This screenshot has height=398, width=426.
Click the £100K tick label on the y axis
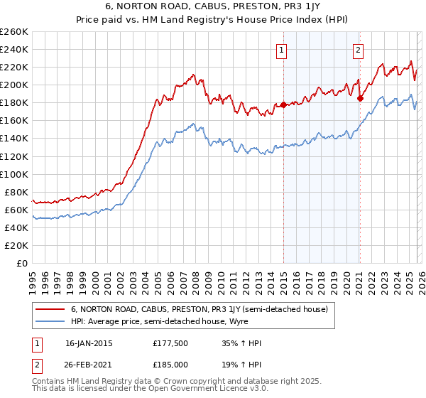pos(14,174)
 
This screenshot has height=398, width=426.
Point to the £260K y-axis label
pos(14,32)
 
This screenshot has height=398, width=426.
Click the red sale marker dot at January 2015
pos(283,105)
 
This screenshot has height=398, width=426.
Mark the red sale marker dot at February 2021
pos(360,99)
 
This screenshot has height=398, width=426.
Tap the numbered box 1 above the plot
pos(283,50)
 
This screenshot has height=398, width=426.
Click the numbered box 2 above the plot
pos(359,50)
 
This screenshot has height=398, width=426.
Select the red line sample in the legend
pos(51,309)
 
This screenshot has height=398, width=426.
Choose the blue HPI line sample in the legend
pos(51,321)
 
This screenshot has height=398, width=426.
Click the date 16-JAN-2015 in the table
pos(89,343)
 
